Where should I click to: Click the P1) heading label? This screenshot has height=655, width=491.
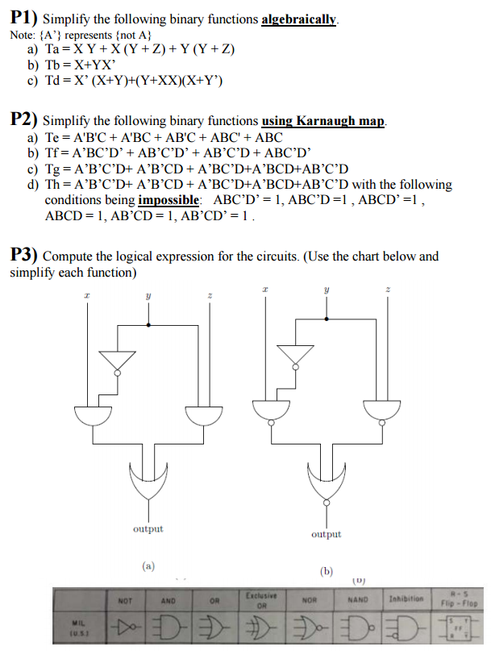(x=23, y=19)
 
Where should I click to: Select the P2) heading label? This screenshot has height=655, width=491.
(x=23, y=120)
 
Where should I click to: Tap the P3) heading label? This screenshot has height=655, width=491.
(x=23, y=256)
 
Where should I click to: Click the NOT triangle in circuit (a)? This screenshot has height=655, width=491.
(x=118, y=361)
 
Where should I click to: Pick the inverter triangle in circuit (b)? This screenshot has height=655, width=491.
(x=295, y=354)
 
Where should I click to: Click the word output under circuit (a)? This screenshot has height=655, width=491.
(x=148, y=529)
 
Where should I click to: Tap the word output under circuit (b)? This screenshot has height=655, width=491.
(x=326, y=534)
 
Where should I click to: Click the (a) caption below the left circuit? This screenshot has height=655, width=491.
(x=148, y=565)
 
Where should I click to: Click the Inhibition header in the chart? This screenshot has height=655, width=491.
(x=406, y=599)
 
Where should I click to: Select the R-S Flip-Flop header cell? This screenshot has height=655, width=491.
(x=458, y=598)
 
